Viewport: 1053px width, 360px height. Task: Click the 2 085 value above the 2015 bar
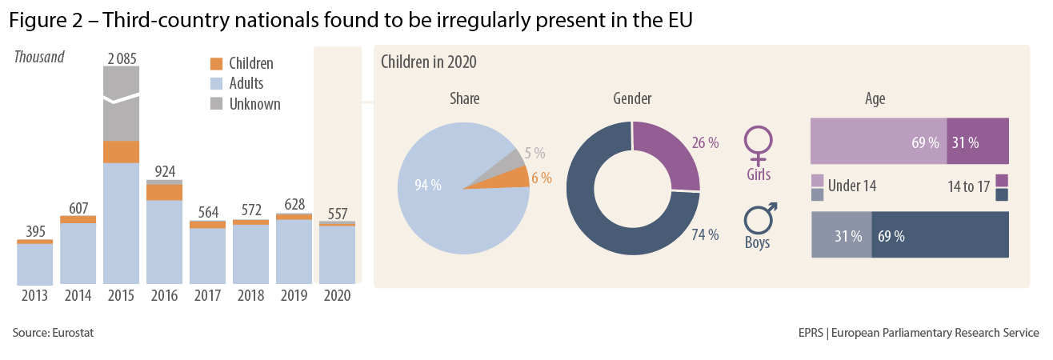pos(122,57)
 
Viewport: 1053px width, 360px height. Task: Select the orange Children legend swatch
pos(215,63)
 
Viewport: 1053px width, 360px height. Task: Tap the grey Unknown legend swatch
pos(215,103)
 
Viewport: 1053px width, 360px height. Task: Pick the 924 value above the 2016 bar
pos(165,171)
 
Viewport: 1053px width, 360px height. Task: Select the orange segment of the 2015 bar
pos(122,152)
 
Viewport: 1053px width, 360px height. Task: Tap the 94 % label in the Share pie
pos(428,186)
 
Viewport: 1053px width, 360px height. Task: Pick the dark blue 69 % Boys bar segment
pos(939,236)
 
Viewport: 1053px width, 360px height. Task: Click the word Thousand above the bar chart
pos(39,57)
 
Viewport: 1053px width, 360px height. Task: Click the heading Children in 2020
pos(428,62)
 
